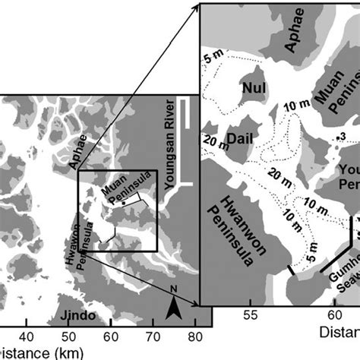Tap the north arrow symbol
(x=174, y=307)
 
